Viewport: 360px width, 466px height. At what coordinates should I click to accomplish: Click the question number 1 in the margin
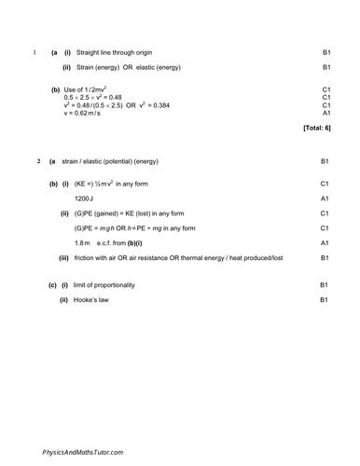click(35, 52)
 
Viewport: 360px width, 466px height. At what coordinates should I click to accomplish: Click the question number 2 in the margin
click(37, 162)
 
